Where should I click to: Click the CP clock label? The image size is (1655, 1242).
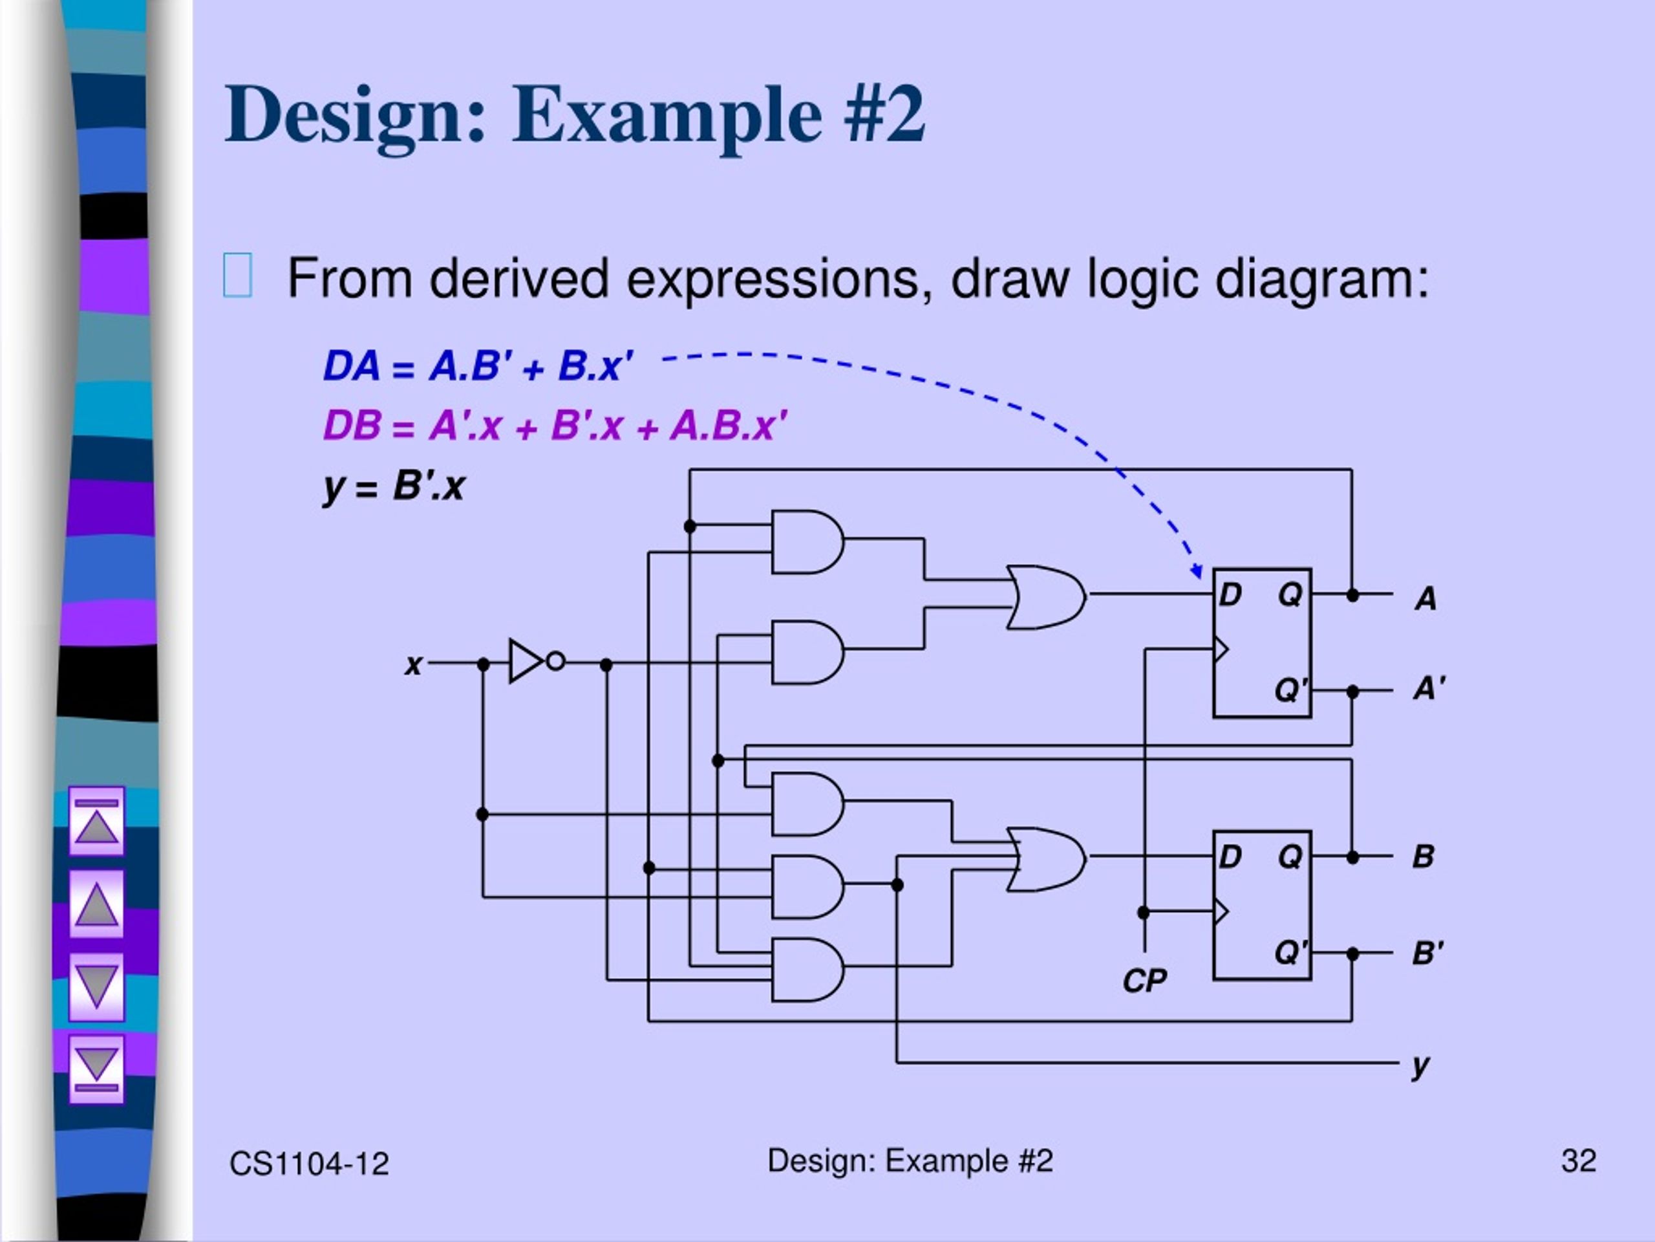(1145, 981)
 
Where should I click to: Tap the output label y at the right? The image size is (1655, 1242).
(1421, 1065)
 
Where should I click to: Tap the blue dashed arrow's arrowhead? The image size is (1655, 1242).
(1197, 572)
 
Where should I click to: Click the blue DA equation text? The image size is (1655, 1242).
(478, 366)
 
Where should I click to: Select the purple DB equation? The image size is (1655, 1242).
(555, 426)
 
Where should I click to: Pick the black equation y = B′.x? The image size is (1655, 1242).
(394, 487)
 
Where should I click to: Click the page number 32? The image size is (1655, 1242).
(1579, 1161)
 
